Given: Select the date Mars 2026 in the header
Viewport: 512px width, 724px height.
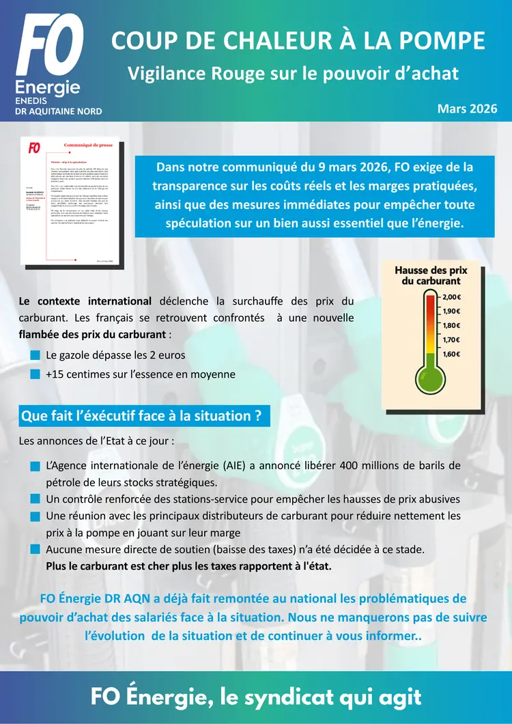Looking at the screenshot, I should click(467, 109).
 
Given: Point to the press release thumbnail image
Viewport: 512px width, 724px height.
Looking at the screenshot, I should click(73, 203).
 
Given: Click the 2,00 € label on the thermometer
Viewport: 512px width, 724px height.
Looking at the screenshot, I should click(451, 297).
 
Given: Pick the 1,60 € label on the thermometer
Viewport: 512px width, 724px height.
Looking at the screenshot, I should click(451, 354).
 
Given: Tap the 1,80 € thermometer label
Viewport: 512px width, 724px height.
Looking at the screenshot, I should click(451, 326).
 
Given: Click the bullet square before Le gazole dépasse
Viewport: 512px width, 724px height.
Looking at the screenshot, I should click(35, 355).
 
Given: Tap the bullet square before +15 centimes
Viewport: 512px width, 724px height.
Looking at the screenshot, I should click(35, 374).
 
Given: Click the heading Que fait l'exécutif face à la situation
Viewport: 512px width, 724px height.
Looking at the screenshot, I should click(142, 415).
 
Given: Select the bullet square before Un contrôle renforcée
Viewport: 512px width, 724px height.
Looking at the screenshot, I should click(35, 499).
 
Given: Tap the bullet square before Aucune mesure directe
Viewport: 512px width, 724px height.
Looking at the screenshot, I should click(35, 549).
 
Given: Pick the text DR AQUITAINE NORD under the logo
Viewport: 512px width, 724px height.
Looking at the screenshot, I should click(58, 111).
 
